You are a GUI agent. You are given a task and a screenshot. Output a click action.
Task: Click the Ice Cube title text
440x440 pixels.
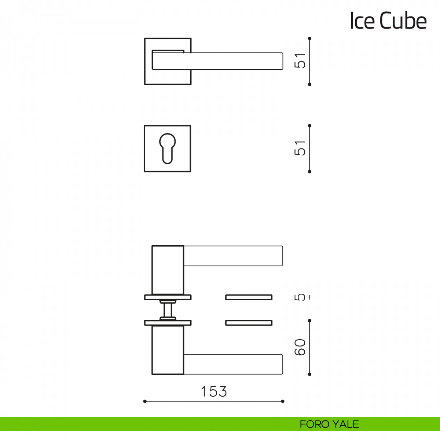pos(388,21)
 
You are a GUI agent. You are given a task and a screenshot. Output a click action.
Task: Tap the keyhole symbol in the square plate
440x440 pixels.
pos(167,148)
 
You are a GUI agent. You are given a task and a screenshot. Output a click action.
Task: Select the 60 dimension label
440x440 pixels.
pos(300,347)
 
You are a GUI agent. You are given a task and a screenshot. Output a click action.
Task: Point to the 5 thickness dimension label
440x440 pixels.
pos(300,297)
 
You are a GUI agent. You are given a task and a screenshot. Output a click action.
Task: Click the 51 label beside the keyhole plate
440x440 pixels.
pos(300,148)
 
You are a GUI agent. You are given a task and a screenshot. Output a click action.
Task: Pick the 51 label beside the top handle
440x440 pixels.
pos(300,61)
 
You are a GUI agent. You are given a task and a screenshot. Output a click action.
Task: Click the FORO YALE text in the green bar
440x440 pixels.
pos(329,424)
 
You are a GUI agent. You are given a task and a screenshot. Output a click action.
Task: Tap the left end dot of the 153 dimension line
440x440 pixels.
pos(145,408)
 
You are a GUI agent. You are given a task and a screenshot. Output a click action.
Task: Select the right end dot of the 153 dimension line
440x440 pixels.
pos(283,408)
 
